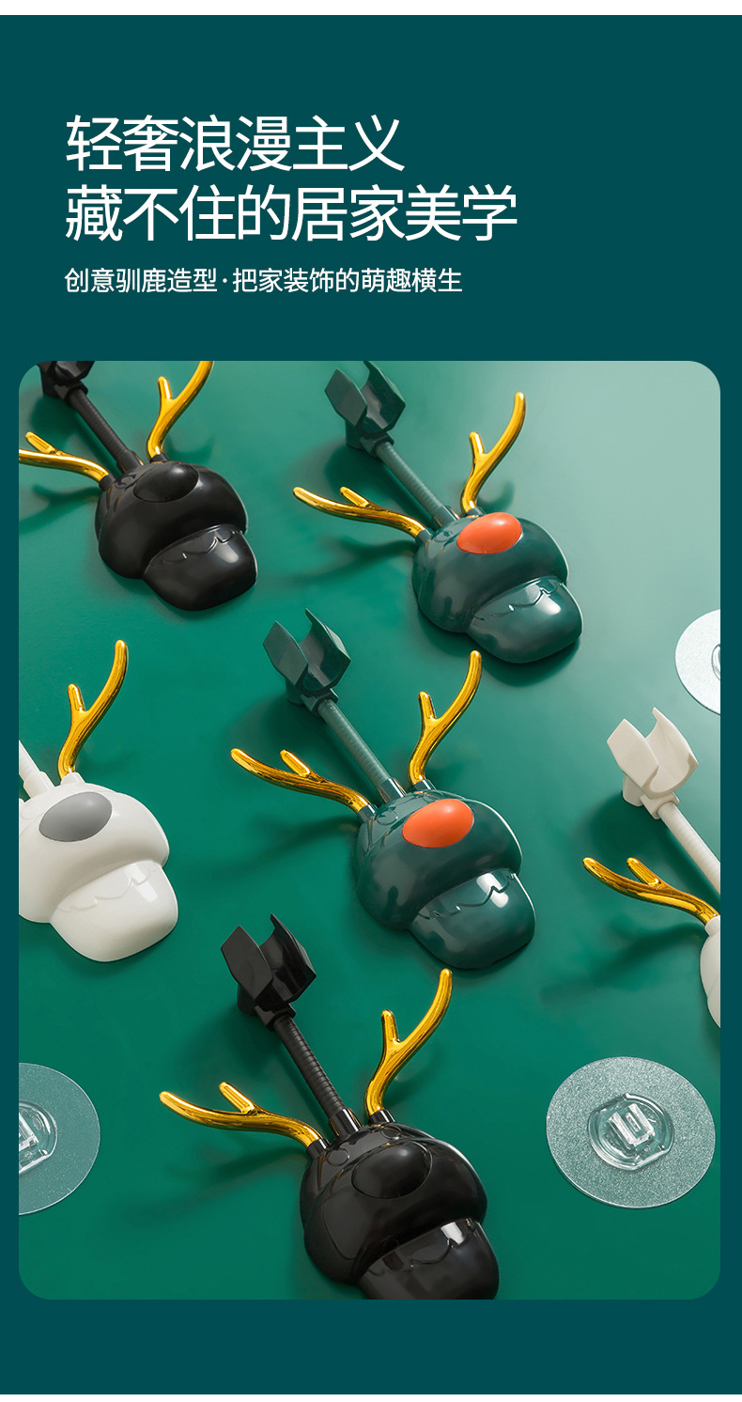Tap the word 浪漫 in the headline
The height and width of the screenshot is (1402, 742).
(x=235, y=144)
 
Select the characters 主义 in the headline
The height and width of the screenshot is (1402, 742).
(x=348, y=144)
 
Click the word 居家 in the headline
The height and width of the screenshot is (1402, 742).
(x=348, y=212)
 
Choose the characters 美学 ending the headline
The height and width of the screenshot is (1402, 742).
(x=461, y=212)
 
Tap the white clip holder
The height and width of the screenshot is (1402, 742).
(x=653, y=758)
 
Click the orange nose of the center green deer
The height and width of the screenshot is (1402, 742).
(x=437, y=820)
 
